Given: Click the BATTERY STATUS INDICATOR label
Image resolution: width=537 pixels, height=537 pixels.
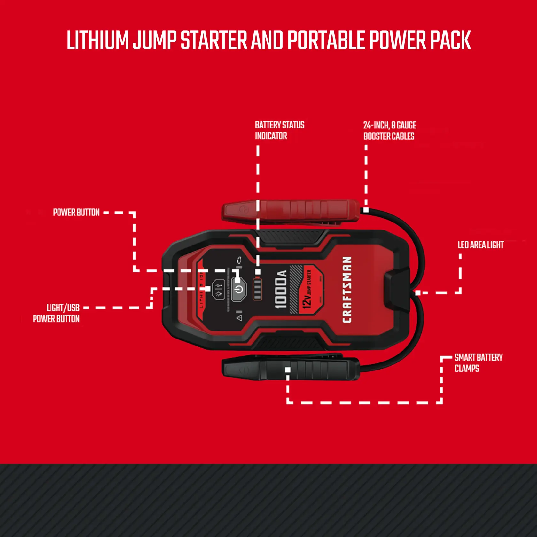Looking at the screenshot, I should pyautogui.click(x=279, y=130).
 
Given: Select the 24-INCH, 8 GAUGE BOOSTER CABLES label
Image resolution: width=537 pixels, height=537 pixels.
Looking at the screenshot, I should pyautogui.click(x=389, y=131).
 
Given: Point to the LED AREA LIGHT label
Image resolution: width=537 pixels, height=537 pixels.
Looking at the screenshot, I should pyautogui.click(x=480, y=245).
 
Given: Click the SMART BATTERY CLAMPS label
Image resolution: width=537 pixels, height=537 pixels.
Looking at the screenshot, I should pyautogui.click(x=478, y=363).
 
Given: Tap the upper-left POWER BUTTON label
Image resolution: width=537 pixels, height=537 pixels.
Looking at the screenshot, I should pyautogui.click(x=76, y=213).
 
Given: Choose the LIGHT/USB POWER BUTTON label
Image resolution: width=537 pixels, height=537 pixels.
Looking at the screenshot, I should pyautogui.click(x=56, y=313).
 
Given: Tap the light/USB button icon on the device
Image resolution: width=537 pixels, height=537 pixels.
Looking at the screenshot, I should pyautogui.click(x=218, y=289).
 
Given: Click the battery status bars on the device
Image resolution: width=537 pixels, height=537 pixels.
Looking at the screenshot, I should pyautogui.click(x=257, y=289).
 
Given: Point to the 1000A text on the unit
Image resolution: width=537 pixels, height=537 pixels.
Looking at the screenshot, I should pyautogui.click(x=281, y=289).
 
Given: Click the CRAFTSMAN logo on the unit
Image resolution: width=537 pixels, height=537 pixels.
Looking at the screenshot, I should pyautogui.click(x=347, y=289).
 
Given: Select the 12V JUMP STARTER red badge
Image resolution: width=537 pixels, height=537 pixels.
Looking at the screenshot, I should pyautogui.click(x=309, y=289).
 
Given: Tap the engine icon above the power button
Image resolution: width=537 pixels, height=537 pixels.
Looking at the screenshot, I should pyautogui.click(x=239, y=261).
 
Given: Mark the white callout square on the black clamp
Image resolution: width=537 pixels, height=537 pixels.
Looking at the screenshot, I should pyautogui.click(x=288, y=370).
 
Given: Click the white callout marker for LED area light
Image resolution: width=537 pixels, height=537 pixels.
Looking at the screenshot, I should pyautogui.click(x=418, y=293).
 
